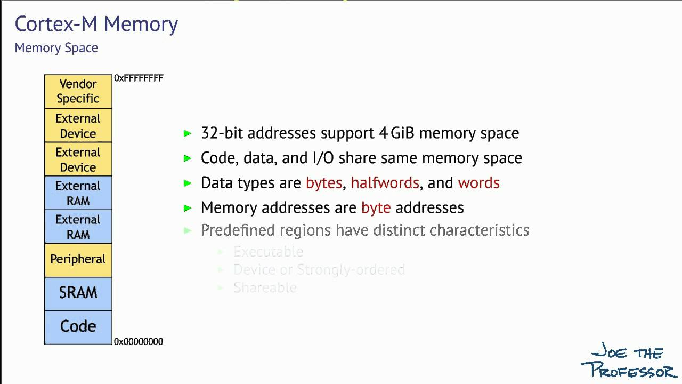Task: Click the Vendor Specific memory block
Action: tap(78, 91)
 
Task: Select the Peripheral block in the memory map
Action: tap(78, 260)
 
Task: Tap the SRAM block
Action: tap(78, 293)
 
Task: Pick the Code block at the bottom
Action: tap(78, 326)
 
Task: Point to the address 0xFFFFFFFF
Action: tap(139, 78)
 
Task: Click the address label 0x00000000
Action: tap(139, 342)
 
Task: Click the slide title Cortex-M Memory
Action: tap(96, 25)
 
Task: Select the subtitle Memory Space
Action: tap(56, 48)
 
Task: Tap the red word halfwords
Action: tap(385, 183)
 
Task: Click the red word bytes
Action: tap(323, 183)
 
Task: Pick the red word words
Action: tap(478, 183)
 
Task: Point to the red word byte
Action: tap(376, 207)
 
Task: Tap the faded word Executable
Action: tap(268, 252)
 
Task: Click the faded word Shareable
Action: tap(265, 288)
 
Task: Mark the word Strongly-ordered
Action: tap(351, 270)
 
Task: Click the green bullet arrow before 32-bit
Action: tap(188, 133)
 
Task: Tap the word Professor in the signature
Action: tap(629, 369)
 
